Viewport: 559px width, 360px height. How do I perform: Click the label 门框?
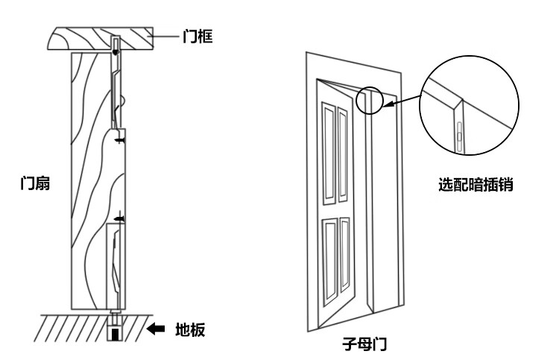pyautogui.click(x=198, y=36)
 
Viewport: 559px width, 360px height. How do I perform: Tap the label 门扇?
pyautogui.click(x=35, y=183)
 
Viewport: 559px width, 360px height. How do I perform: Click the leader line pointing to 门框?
pyautogui.click(x=165, y=35)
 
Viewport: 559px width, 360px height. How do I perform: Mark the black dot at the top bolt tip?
pyautogui.click(x=115, y=52)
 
